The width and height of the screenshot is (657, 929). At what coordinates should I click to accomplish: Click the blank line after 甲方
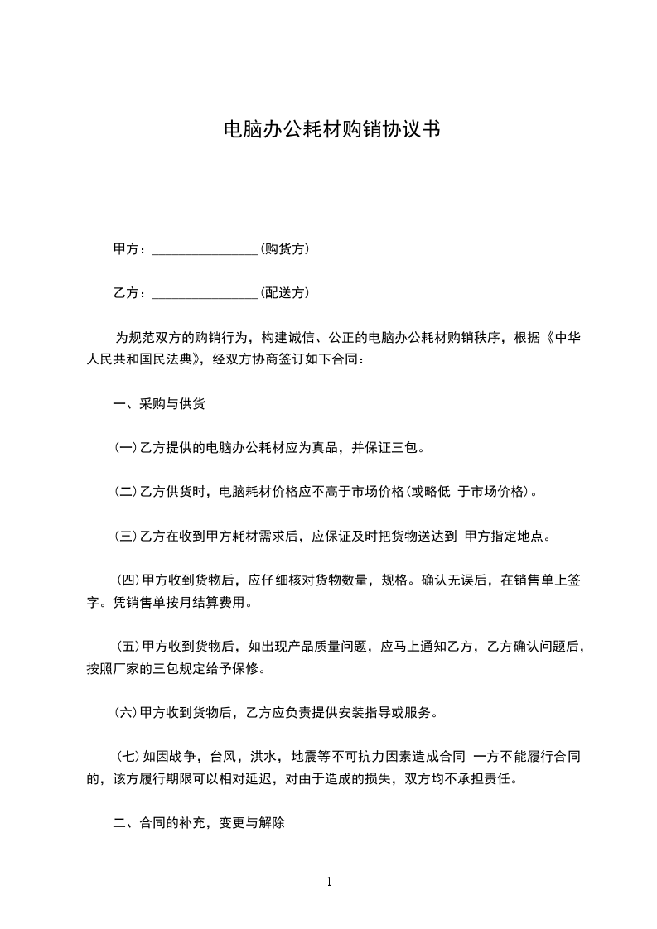[x=206, y=249]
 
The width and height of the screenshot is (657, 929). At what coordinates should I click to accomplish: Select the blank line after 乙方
[x=206, y=293]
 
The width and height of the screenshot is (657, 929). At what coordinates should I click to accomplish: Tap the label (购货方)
[x=285, y=248]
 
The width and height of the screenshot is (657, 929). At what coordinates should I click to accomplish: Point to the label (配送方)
[x=285, y=292]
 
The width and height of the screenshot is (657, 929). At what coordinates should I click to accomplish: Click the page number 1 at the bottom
[x=329, y=882]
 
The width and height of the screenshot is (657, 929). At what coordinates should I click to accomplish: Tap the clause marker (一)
[x=125, y=448]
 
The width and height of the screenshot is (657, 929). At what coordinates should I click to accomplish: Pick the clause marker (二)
[x=125, y=492]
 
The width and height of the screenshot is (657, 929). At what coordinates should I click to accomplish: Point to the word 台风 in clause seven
[x=222, y=756]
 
